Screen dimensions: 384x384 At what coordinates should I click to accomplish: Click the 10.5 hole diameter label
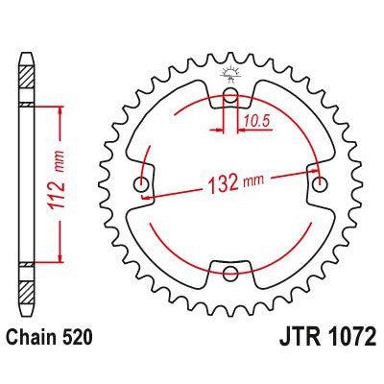[x=254, y=120]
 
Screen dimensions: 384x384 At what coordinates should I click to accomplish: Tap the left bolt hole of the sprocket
[x=143, y=184]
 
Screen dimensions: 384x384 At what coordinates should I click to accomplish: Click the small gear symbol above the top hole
[x=229, y=73]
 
